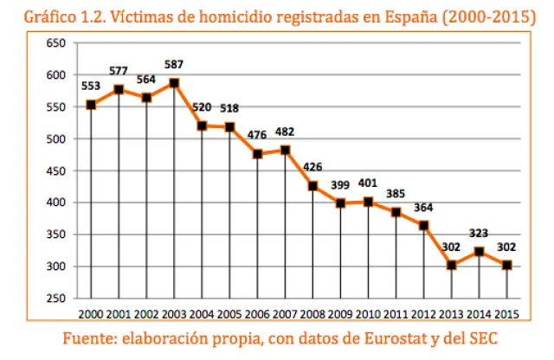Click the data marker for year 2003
[174, 83]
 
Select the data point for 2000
[91, 105]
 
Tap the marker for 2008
[312, 186]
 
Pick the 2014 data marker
[479, 251]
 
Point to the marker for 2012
[423, 225]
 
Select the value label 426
[312, 168]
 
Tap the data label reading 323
[479, 233]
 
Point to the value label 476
[257, 136]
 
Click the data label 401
[368, 183]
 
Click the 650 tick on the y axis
[55, 43]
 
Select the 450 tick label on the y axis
[55, 170]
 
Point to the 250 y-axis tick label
[55, 299]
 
